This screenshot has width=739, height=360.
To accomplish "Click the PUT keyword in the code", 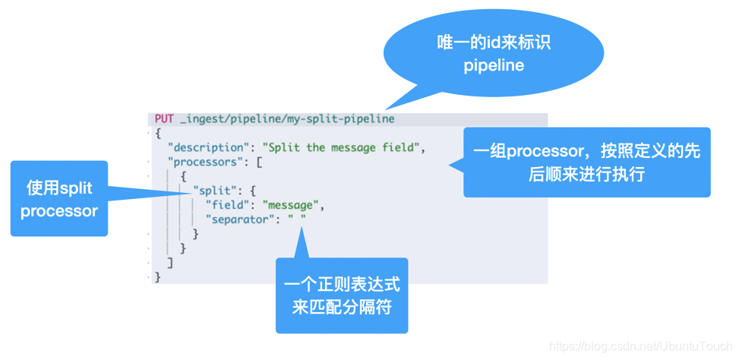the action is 164,119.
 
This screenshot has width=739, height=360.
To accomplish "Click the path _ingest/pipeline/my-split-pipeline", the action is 287,119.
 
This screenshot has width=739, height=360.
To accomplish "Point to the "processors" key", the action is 209,162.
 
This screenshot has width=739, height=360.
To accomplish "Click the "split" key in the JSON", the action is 213,191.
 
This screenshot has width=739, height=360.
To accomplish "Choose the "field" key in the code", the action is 230,205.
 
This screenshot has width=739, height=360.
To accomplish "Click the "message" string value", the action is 293,205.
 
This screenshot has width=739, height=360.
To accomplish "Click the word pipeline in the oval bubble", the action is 494,66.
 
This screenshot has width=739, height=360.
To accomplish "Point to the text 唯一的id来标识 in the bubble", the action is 494,43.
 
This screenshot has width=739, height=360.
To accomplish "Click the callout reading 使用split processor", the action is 59,199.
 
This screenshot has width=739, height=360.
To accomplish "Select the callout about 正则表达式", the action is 342,296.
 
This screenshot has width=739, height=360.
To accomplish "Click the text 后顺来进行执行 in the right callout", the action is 586,175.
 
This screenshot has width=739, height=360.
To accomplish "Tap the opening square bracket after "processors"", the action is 259,162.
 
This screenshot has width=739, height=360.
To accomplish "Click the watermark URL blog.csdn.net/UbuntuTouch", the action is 641,346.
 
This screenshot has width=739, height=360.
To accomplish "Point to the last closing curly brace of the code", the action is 158,277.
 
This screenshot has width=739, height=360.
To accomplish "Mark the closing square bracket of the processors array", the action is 170,263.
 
